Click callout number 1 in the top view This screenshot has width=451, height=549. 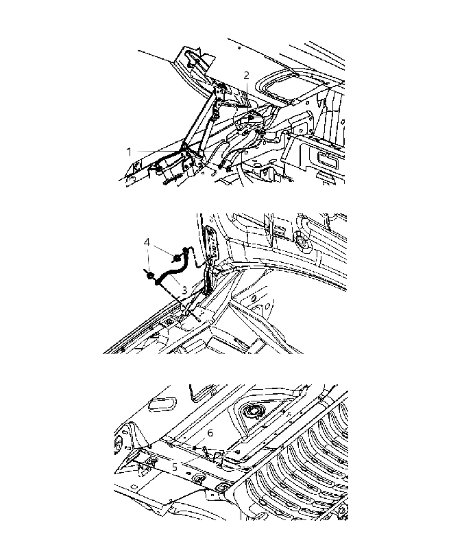(129, 152)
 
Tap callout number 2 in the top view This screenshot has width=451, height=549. (247, 75)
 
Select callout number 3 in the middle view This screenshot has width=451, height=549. (184, 290)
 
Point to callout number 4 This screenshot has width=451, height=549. (147, 242)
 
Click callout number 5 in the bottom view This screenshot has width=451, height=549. (175, 467)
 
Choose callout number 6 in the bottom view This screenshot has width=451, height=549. (210, 433)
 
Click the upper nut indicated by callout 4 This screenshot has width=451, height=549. (177, 259)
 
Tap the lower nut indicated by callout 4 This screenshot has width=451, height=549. (150, 276)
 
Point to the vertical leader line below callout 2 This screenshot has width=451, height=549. (247, 93)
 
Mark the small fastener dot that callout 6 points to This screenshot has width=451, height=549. (194, 448)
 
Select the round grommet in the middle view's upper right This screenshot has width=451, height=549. (301, 240)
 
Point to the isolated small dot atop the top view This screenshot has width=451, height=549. (239, 47)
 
